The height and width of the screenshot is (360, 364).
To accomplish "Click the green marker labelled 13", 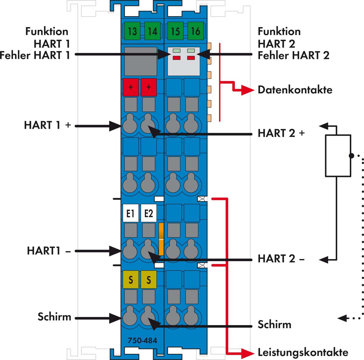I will (132, 31).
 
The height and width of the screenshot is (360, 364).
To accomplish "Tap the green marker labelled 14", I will (152, 31).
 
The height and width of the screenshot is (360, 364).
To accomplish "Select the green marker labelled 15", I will (175, 31).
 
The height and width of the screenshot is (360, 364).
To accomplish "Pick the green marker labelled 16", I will (196, 31).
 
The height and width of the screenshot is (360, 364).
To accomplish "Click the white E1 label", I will (130, 214).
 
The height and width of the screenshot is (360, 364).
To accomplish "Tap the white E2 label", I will (149, 214).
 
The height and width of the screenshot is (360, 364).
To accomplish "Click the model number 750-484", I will (142, 341).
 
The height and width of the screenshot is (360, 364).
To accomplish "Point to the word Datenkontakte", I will (295, 90).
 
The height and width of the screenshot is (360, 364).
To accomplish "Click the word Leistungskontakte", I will (303, 352).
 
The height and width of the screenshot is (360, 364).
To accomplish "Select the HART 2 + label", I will (281, 133).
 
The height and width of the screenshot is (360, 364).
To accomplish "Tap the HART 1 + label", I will (47, 125).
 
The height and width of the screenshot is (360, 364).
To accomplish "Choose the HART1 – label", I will (49, 251).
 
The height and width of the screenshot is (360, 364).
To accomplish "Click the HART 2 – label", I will (281, 259).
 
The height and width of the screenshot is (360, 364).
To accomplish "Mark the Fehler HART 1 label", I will (35, 55).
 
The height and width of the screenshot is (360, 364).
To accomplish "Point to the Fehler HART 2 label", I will (293, 55).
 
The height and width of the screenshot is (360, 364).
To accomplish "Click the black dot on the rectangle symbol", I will (351, 156).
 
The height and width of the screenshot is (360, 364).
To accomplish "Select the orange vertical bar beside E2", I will (161, 239).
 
